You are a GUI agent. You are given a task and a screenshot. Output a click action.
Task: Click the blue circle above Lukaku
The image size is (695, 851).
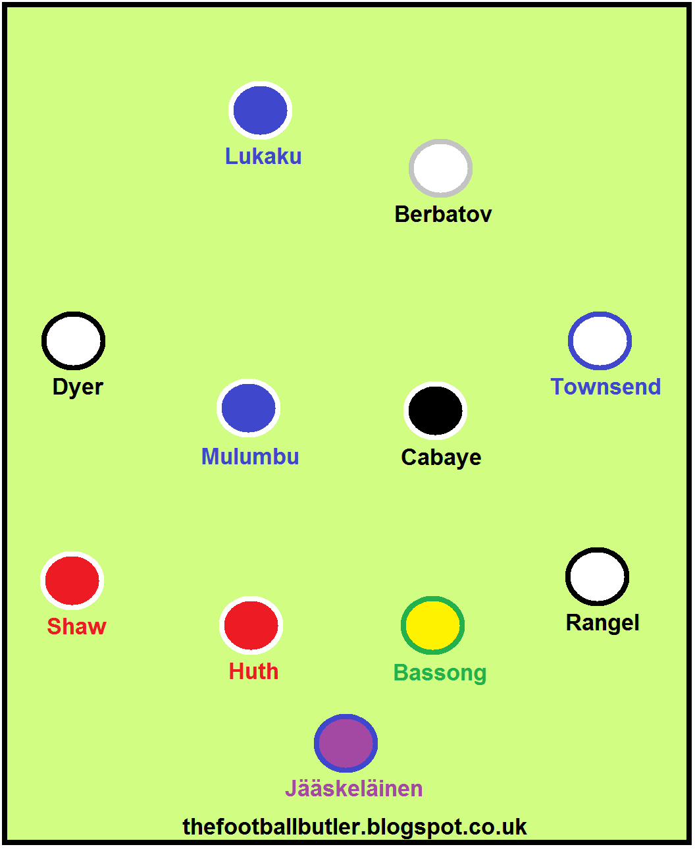pyautogui.click(x=261, y=110)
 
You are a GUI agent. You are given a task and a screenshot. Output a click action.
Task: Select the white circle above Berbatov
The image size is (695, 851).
pyautogui.click(x=440, y=168)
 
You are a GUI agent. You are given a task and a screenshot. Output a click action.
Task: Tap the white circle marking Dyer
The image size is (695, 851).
pyautogui.click(x=73, y=341)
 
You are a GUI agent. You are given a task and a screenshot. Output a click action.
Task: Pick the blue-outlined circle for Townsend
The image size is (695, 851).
pyautogui.click(x=600, y=341)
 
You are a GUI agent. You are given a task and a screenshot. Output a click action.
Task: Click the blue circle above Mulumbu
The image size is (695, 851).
pyautogui.click(x=249, y=408)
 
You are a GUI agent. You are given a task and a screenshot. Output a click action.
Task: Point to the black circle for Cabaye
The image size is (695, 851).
pyautogui.click(x=436, y=410)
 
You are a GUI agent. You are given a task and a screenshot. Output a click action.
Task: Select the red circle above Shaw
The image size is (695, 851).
pyautogui.click(x=72, y=581)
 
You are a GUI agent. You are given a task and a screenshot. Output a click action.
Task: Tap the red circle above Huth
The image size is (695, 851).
pyautogui.click(x=251, y=626)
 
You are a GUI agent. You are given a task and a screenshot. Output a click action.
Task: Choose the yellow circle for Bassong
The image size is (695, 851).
pyautogui.click(x=432, y=626)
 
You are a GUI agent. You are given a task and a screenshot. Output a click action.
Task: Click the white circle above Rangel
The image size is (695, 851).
pyautogui.click(x=598, y=576)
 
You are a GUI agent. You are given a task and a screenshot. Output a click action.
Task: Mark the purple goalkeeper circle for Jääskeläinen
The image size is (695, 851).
pyautogui.click(x=346, y=743)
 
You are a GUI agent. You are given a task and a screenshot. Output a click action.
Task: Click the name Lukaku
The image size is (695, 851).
pyautogui.click(x=263, y=156)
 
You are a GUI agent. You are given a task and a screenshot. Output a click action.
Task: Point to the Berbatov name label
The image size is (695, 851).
pyautogui.click(x=443, y=214)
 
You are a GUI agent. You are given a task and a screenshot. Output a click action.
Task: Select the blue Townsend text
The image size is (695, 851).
pyautogui.click(x=605, y=387)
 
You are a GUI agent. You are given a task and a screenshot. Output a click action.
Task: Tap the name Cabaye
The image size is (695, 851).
pyautogui.click(x=441, y=458)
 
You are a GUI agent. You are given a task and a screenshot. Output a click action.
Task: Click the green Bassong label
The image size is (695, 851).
pyautogui.click(x=440, y=673)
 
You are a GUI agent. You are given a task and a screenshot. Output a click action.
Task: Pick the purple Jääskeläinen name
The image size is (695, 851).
pyautogui.click(x=354, y=788)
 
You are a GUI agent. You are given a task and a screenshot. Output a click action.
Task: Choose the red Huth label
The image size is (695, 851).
pyautogui.click(x=253, y=671)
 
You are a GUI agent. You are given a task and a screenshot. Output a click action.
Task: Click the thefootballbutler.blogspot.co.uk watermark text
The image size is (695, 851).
pyautogui.click(x=355, y=828)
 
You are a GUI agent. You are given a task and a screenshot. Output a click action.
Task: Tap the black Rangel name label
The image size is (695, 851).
pyautogui.click(x=602, y=623)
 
